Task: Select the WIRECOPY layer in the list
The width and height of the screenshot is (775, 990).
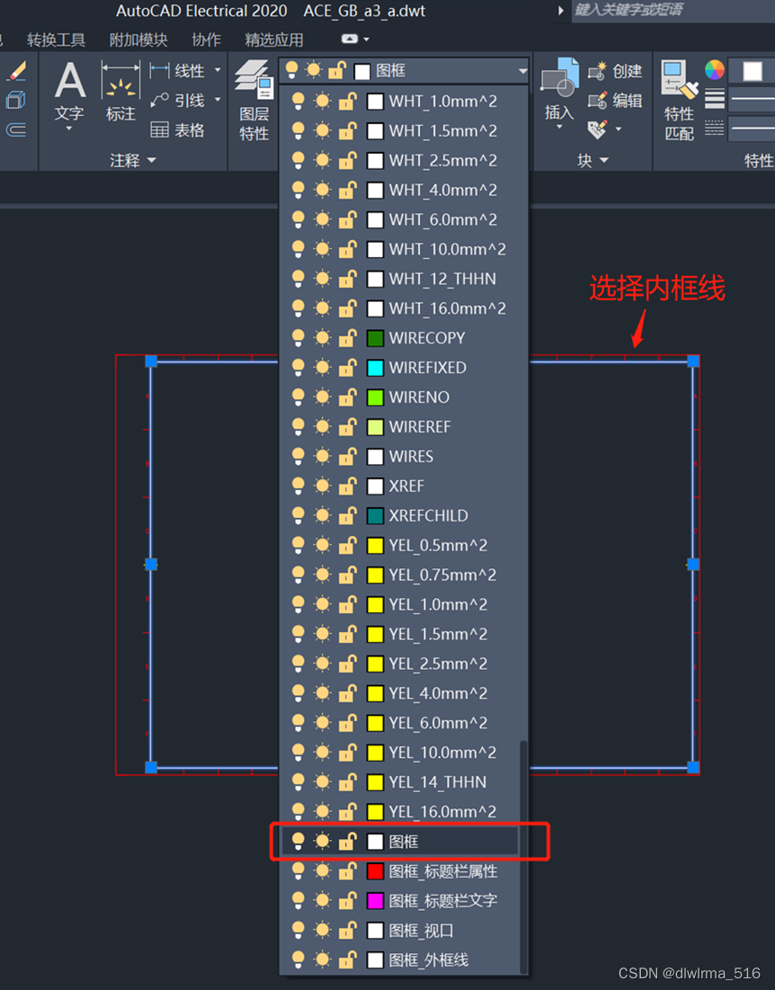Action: (x=427, y=338)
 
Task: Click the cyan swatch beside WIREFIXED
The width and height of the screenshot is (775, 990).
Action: (x=376, y=368)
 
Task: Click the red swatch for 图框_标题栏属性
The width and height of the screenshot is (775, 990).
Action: (x=376, y=871)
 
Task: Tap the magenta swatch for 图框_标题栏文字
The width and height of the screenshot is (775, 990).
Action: (x=376, y=901)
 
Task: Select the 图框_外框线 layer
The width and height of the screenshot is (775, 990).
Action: (x=428, y=960)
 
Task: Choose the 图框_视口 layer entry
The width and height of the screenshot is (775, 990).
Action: (x=421, y=931)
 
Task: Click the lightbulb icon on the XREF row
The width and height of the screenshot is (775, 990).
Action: (x=298, y=486)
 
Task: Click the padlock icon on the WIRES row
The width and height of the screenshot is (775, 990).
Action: (x=347, y=457)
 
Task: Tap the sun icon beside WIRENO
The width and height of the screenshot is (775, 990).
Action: (x=322, y=397)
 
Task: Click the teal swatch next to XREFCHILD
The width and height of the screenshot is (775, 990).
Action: (x=376, y=516)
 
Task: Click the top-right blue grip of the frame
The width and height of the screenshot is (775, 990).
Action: (x=693, y=361)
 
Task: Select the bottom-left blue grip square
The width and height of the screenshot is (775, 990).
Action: (x=151, y=767)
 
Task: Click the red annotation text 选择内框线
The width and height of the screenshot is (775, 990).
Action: (x=656, y=289)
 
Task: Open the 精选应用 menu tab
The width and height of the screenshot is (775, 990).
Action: (x=274, y=40)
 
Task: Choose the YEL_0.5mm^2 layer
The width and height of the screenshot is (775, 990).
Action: (x=438, y=546)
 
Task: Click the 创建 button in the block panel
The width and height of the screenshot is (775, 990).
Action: (x=617, y=71)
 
